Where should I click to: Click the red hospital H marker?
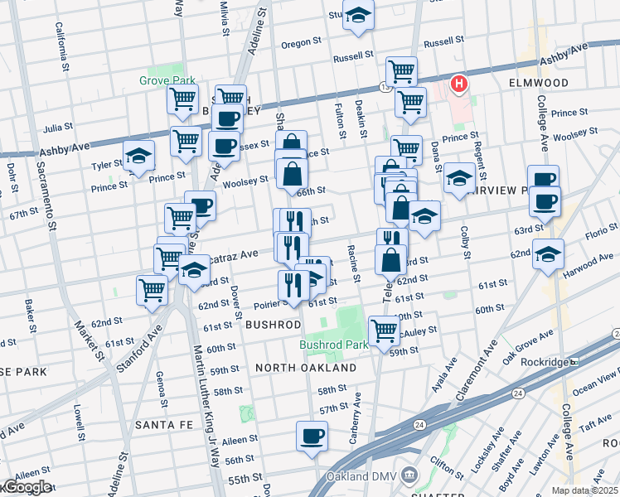click(457, 84)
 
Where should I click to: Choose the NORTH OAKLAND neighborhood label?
click(306, 367)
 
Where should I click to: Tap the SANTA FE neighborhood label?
click(163, 424)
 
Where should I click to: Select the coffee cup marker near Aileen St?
click(312, 437)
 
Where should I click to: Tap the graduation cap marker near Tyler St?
click(139, 156)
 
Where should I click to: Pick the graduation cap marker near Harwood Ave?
click(548, 254)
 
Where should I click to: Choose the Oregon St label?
click(301, 43)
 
